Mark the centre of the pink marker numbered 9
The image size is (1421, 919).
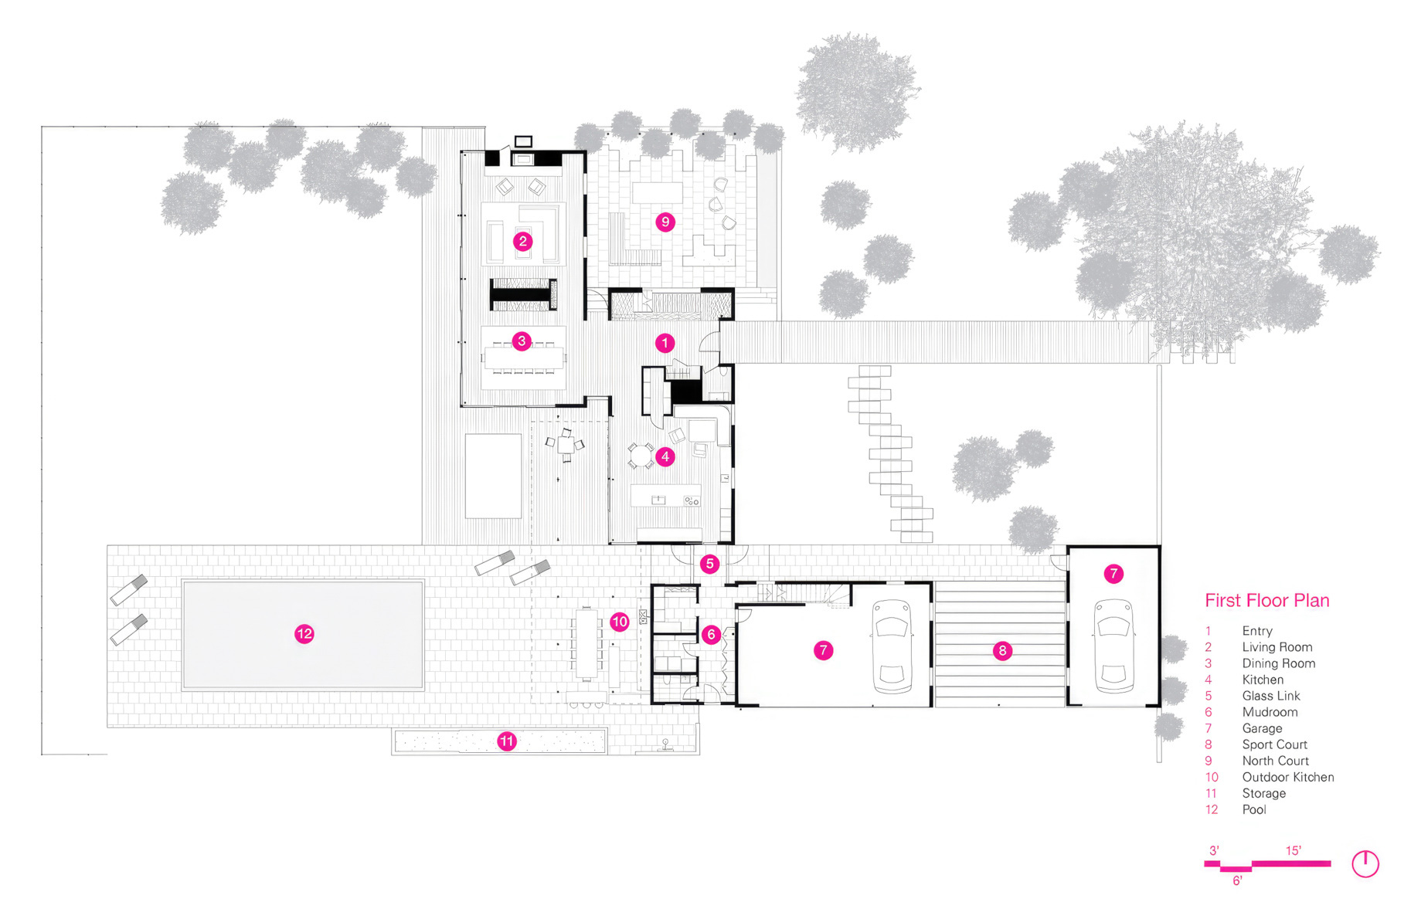[x=665, y=222]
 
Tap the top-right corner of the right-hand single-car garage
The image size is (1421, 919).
[x=1159, y=547]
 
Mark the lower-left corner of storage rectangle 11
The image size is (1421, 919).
[x=393, y=754]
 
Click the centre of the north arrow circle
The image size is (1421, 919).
[x=1365, y=864]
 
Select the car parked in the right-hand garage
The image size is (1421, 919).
[x=1113, y=647]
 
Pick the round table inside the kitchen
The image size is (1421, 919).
[x=641, y=456]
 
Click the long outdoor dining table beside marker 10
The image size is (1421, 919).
[x=586, y=645]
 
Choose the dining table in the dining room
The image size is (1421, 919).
[x=523, y=358]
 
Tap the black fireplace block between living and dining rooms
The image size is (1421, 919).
[x=523, y=293]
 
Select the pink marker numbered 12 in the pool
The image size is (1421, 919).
[x=304, y=634]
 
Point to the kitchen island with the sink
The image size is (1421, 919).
[x=666, y=495]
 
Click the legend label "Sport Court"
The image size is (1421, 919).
[x=1274, y=744]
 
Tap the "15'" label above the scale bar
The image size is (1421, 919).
[x=1294, y=850]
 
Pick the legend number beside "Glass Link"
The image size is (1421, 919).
[x=1209, y=696]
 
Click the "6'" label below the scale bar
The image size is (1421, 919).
[x=1237, y=880]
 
